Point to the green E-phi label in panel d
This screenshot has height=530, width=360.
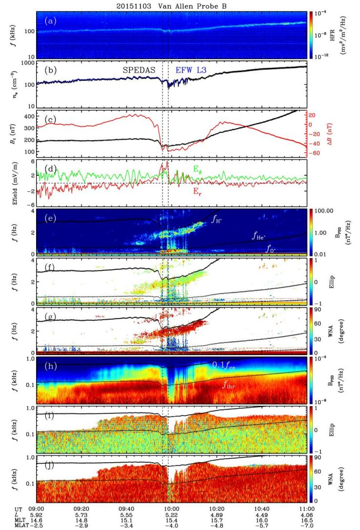point(279,169)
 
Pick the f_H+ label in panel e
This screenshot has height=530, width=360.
point(218,220)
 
